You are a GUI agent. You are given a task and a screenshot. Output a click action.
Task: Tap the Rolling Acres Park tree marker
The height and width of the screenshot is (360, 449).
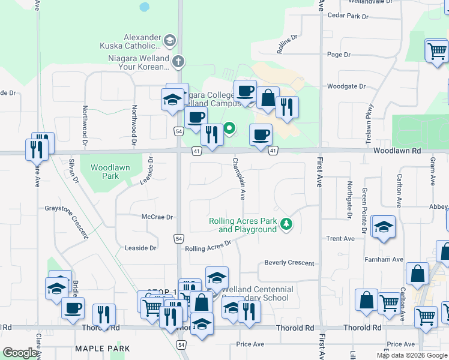pos(288,224)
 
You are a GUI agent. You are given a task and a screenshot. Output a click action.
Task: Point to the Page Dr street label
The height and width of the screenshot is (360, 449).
pos(339,55)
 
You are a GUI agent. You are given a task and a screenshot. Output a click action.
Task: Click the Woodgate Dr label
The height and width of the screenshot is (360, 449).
pos(346,86)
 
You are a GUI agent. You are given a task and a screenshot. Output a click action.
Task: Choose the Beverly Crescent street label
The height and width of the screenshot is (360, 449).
pos(289,263)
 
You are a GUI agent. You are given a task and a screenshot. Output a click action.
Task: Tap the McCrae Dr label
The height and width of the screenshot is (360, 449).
pos(157,217)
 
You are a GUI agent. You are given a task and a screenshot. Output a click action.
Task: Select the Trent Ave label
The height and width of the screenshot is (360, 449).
pos(340,239)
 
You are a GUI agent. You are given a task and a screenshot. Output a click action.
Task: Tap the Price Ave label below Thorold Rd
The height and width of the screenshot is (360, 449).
pos(250,344)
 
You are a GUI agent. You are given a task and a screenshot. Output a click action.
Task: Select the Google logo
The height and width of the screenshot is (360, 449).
pos(20,353)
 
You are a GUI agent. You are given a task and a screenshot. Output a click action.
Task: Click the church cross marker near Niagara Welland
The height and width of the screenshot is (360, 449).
pos(178,61)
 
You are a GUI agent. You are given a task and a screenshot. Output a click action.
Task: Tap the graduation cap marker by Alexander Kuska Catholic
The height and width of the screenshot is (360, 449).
pos(170,41)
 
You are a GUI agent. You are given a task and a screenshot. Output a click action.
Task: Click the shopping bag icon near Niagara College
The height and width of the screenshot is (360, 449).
pos(268,97)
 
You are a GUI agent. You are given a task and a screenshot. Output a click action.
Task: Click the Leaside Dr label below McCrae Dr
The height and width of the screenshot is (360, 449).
pos(140,248)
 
